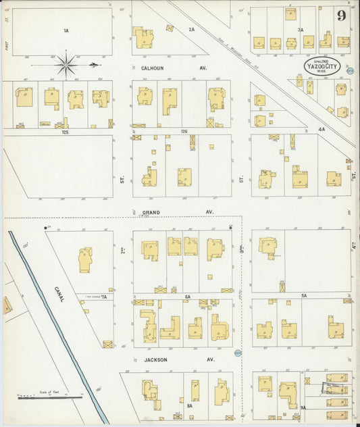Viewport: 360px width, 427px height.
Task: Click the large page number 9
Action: coord(342,15)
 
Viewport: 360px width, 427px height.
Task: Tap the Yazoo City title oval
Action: coord(322,66)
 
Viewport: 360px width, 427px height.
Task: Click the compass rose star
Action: coord(66,65)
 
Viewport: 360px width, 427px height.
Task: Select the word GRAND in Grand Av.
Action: coord(151,211)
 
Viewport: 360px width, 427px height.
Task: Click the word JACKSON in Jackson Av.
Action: coord(155,359)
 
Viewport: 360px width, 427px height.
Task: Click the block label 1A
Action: coord(66,31)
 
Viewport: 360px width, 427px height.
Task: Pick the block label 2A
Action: coord(191,29)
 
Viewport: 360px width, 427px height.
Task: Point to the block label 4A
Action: coord(322,128)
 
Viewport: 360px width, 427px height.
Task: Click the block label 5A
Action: coord(304,296)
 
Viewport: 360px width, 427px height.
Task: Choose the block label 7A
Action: coord(105,296)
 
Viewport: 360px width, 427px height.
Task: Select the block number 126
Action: coord(183,132)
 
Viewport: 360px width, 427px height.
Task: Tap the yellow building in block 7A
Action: coord(85,259)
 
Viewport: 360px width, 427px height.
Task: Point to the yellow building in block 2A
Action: coord(143,38)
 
